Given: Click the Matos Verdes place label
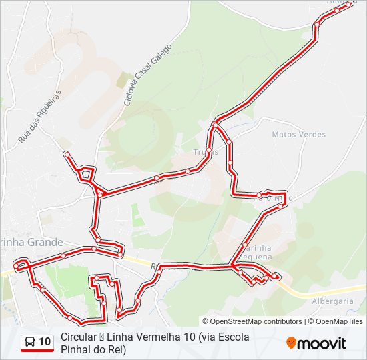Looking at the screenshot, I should (x=299, y=135).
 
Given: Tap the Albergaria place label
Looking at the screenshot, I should (x=332, y=301).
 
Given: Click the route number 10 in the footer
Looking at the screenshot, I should (x=45, y=343).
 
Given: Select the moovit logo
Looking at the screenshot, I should (x=316, y=343).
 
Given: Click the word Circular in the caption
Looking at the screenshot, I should (x=77, y=337).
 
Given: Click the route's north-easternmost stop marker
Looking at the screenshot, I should (x=349, y=4).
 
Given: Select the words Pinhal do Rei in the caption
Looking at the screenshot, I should (x=93, y=349).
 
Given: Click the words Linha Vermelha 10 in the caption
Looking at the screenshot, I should (x=151, y=337).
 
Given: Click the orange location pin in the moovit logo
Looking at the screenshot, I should (x=292, y=343).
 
